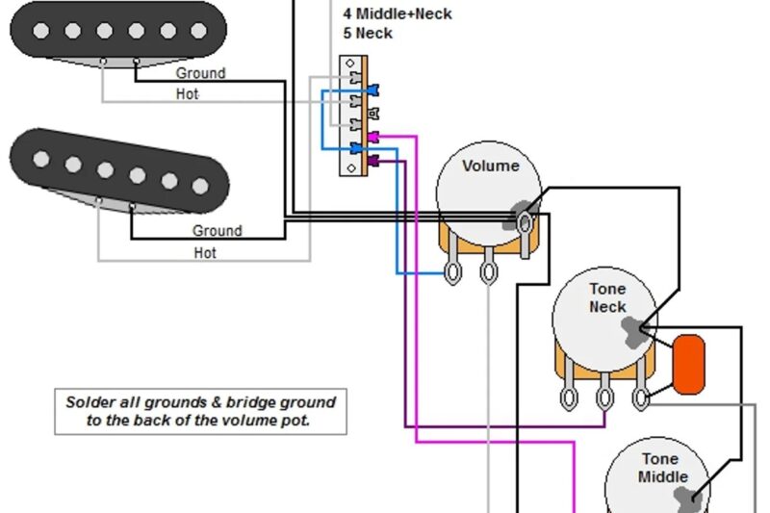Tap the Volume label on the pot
pyautogui.click(x=490, y=166)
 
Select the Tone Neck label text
pyautogui.click(x=607, y=297)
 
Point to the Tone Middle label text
pyautogui.click(x=662, y=468)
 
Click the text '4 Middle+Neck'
pyautogui.click(x=397, y=13)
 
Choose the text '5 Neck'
pyautogui.click(x=368, y=33)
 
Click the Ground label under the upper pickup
pyautogui.click(x=200, y=73)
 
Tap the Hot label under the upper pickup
pyautogui.click(x=188, y=93)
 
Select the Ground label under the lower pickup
pyautogui.click(x=217, y=231)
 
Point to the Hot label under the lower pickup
pyautogui.click(x=205, y=253)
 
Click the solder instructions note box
pyautogui.click(x=200, y=411)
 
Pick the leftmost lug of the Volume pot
pyautogui.click(x=450, y=273)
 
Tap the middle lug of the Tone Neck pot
pyautogui.click(x=605, y=396)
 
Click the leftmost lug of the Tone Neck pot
pyautogui.click(x=571, y=396)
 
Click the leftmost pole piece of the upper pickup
pyautogui.click(x=42, y=30)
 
